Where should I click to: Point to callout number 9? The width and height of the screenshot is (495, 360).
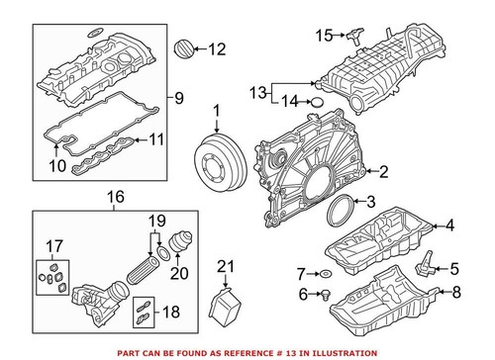click(x=178, y=97)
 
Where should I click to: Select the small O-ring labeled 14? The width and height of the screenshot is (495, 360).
click(x=317, y=101)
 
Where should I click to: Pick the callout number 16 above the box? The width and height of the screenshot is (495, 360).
click(x=115, y=198)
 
